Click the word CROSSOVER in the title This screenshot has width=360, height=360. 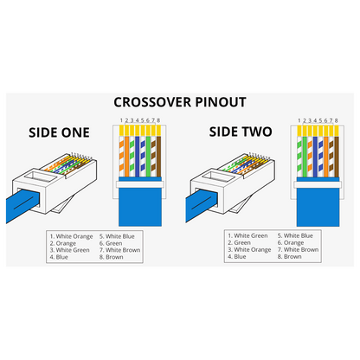(152, 102)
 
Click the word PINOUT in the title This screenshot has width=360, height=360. (221, 102)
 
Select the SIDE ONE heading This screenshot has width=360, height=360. (59, 132)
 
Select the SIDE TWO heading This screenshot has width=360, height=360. (241, 132)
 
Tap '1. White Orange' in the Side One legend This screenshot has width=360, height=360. (71, 236)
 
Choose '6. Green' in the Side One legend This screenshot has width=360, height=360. (111, 243)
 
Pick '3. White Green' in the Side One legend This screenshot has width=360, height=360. (69, 250)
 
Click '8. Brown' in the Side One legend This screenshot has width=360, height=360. (112, 257)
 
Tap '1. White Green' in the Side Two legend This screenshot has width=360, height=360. (247, 235)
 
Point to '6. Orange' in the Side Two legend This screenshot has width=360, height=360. (291, 243)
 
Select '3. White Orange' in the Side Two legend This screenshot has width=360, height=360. (249, 250)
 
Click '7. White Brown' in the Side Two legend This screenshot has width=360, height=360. (298, 249)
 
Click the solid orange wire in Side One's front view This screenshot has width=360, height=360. (126, 156)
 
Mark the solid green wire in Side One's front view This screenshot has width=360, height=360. (148, 156)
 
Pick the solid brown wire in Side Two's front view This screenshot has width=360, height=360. (337, 157)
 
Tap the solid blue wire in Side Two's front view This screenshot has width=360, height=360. (315, 157)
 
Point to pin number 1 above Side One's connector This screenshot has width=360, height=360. (121, 120)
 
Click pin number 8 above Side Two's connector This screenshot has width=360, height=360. (337, 120)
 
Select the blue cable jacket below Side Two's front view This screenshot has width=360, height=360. (318, 206)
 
